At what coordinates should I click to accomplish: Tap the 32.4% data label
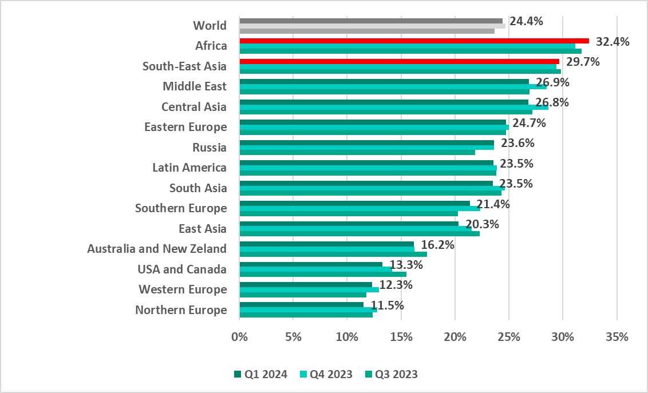pos(613,42)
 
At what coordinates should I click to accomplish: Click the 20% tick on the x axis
pos(455,337)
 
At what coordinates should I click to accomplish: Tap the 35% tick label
pos(617,337)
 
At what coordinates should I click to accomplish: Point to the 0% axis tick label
pos(239,337)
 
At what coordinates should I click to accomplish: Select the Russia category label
pos(210,148)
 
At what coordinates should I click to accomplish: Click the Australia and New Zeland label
pos(157,249)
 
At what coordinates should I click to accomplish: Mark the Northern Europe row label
pos(181,310)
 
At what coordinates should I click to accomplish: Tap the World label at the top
pos(210,25)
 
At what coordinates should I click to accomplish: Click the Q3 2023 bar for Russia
pos(357,152)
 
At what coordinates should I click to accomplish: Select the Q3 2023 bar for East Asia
pos(359,233)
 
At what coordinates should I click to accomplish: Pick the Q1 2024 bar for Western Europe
pos(306,284)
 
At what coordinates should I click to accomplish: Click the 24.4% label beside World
pos(526,22)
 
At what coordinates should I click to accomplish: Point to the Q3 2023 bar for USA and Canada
pos(323,274)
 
